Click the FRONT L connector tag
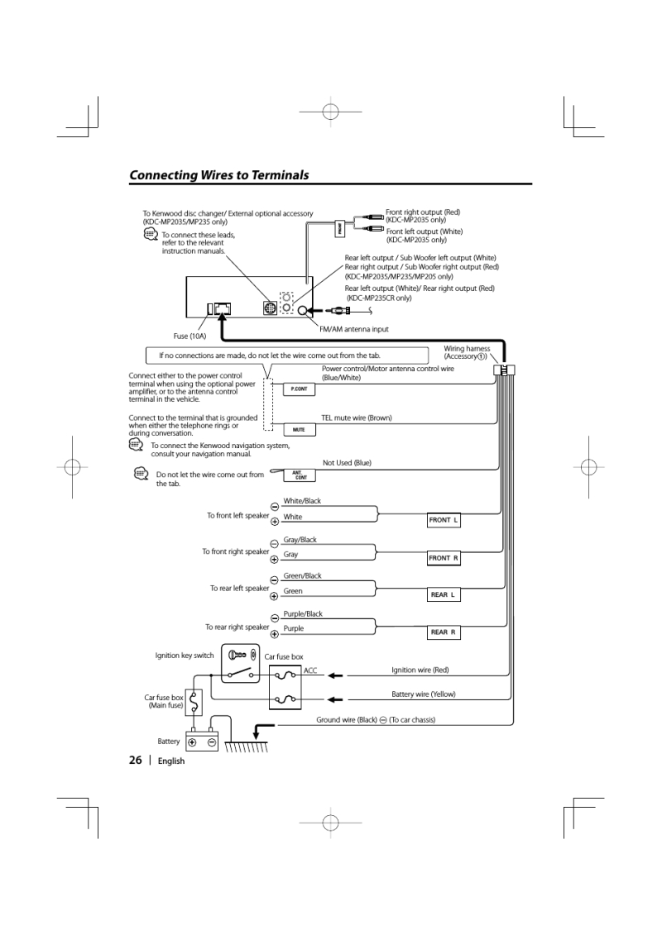(444, 520)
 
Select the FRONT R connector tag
(444, 558)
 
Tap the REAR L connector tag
(444, 595)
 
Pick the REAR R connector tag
(444, 632)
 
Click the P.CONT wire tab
(299, 389)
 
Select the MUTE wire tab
(299, 430)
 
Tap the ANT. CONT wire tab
(299, 475)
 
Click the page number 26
(136, 761)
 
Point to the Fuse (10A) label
(189, 336)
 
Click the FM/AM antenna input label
(353, 328)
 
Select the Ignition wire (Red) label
(420, 670)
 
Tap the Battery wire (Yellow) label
(423, 694)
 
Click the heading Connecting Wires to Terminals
(219, 175)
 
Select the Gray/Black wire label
(300, 540)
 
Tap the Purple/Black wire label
(303, 614)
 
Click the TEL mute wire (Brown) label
(356, 418)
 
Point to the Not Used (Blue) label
(347, 463)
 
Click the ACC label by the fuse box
(310, 670)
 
